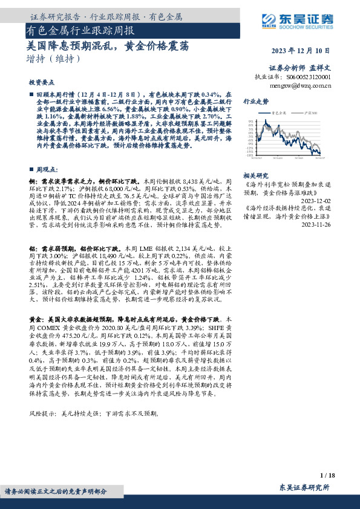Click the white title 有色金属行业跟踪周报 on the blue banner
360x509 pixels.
tap(80, 30)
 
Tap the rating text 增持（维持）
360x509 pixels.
tap(53, 59)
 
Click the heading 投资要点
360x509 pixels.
tap(41, 81)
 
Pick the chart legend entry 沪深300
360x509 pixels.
tap(315, 112)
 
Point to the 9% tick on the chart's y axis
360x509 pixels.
tap(250, 122)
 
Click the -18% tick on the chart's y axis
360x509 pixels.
tap(249, 155)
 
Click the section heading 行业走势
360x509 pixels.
tap(256, 101)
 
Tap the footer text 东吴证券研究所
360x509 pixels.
tap(304, 488)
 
